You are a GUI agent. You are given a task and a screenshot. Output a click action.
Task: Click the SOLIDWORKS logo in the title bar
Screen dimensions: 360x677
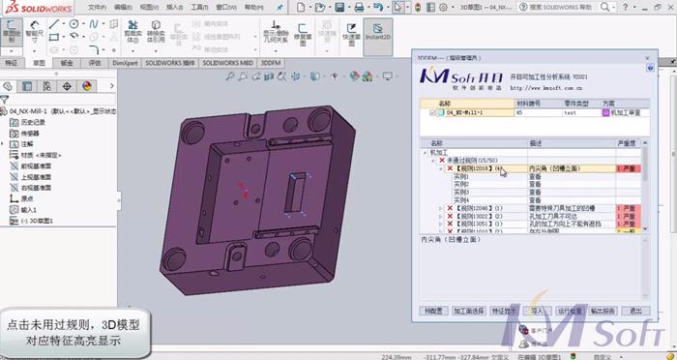coord(34,6)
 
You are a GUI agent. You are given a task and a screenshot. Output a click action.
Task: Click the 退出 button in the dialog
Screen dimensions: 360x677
coord(635,311)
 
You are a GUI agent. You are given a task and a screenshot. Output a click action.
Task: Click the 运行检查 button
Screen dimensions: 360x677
coord(570,311)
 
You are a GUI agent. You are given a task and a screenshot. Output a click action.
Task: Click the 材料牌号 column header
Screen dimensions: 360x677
coord(531,102)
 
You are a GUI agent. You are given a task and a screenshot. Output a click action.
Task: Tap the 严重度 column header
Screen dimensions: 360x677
coord(626,142)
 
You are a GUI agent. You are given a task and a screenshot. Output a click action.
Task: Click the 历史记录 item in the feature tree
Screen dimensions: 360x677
coord(33,123)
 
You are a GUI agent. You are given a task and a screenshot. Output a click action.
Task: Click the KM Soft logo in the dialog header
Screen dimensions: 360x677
coord(455,76)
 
